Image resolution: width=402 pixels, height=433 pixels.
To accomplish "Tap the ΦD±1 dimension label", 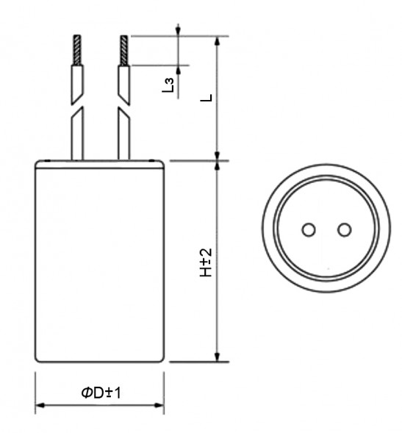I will pyautogui.click(x=101, y=394).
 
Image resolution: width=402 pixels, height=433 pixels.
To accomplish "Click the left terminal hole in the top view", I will pyautogui.click(x=309, y=230).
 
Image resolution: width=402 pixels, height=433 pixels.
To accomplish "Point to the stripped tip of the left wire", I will pyautogui.click(x=76, y=49).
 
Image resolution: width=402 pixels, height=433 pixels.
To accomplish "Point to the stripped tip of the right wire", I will pyautogui.click(x=123, y=49).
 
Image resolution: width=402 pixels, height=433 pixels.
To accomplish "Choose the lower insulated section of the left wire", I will pyautogui.click(x=76, y=138).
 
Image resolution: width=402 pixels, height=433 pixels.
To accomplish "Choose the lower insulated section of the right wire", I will pyautogui.click(x=123, y=138).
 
